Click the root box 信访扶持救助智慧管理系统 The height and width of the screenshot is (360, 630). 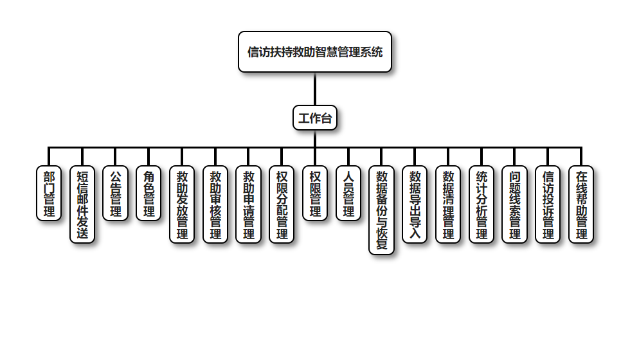[315, 52]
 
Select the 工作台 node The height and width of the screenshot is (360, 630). [315, 118]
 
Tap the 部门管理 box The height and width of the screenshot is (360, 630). [49, 193]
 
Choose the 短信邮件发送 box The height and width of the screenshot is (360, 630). [82, 204]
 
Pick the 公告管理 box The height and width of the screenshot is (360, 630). [116, 193]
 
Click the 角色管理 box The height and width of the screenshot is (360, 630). [149, 193]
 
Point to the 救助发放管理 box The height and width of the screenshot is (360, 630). [182, 204]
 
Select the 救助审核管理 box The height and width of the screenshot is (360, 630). [215, 204]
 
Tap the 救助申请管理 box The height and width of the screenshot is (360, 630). [249, 204]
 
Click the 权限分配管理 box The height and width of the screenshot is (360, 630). [282, 204]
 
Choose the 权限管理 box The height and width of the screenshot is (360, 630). [315, 193]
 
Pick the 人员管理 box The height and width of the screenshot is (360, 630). [348, 193]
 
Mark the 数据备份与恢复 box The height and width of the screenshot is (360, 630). [381, 210]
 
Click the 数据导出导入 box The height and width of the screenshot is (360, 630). [415, 204]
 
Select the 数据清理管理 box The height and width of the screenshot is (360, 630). [448, 204]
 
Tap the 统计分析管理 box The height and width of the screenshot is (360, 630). [482, 204]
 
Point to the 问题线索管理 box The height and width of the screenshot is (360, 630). [514, 204]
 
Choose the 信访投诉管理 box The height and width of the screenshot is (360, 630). [548, 204]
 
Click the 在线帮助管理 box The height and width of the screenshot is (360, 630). [581, 204]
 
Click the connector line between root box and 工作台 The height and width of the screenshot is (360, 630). [315, 89]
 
